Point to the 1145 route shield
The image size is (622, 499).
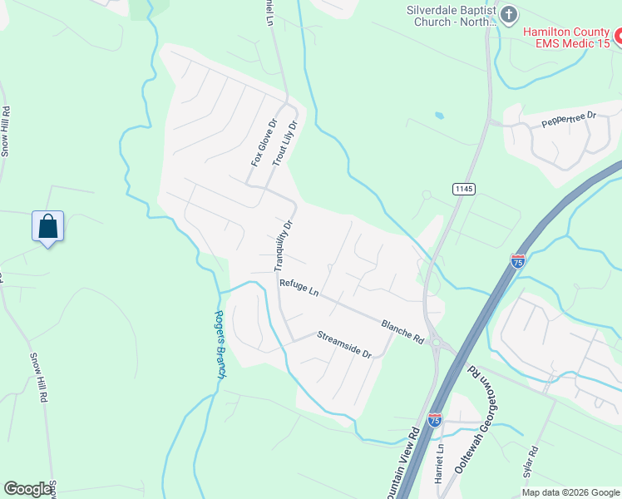tap(464, 190)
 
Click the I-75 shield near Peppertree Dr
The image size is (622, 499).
tap(518, 261)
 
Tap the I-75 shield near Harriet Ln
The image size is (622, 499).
tap(434, 420)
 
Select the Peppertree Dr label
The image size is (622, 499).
tap(570, 120)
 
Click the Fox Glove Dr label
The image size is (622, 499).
tap(263, 142)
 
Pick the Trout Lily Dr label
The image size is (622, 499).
tap(284, 141)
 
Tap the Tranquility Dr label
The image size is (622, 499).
tap(284, 245)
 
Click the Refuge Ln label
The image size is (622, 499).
tap(299, 288)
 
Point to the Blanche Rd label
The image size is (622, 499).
tap(402, 330)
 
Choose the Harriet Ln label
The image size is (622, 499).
tap(439, 463)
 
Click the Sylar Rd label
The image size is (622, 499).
tap(531, 466)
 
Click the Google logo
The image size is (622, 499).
tap(28, 489)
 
